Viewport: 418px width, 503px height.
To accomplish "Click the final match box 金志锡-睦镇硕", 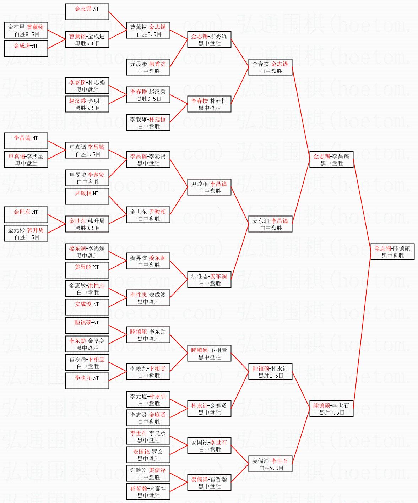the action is (392, 252).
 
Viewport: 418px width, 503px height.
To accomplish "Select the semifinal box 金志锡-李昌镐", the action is (331, 159).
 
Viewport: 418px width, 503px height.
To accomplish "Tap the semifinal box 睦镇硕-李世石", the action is (331, 409).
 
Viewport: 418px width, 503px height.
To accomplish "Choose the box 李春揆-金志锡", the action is (270, 67).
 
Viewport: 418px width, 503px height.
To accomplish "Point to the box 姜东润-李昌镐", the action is (270, 224).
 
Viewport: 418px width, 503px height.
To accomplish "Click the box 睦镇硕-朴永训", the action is (270, 372).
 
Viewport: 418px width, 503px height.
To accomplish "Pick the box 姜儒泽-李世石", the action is (270, 464).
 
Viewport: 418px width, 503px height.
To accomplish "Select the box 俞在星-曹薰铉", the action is (26, 30).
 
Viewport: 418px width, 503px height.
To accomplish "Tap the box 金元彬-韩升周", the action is (26, 233).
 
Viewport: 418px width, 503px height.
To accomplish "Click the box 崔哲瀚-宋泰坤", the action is (148, 492).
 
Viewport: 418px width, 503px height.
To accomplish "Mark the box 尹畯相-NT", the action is (87, 196).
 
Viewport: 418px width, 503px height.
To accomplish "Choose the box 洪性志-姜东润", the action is (209, 279).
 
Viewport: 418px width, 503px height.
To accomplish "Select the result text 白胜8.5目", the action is (27, 34).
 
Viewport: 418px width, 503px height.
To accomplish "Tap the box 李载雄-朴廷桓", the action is (148, 122).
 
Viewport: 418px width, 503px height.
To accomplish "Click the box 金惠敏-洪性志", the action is (87, 289).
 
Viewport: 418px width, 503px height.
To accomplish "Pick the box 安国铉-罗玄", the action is (148, 455).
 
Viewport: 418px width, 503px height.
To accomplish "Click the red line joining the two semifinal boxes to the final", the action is (362, 206).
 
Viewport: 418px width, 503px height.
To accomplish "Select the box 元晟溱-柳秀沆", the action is (148, 67).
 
